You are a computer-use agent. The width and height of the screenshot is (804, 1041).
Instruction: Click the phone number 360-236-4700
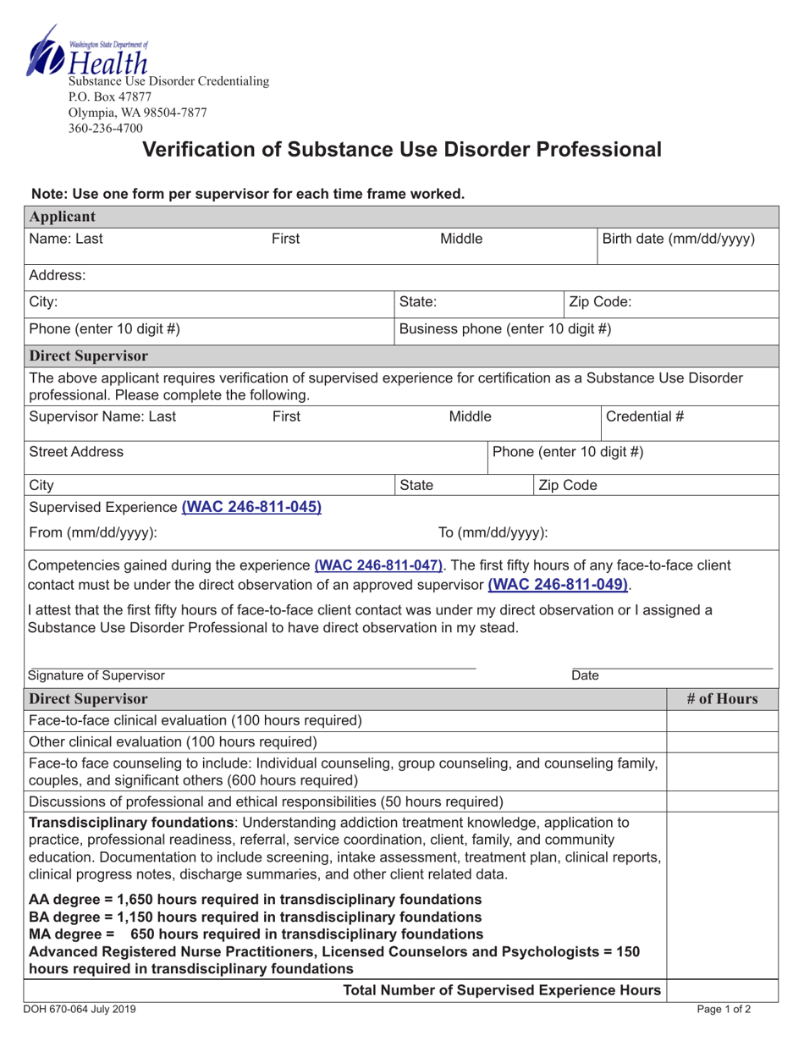point(106,128)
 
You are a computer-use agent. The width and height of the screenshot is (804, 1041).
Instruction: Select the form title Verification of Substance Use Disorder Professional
point(402,151)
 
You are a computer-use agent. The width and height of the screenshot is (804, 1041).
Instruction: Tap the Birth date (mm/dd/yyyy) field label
point(678,239)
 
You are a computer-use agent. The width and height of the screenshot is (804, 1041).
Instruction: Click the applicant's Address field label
point(58,275)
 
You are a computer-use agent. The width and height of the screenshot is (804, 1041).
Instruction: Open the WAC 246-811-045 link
point(251,507)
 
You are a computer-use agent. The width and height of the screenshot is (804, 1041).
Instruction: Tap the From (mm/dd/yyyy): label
point(93,533)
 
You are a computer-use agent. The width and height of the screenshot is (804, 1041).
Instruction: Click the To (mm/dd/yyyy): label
point(493,533)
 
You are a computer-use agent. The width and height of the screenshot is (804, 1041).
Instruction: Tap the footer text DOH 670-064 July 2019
point(81,1009)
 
